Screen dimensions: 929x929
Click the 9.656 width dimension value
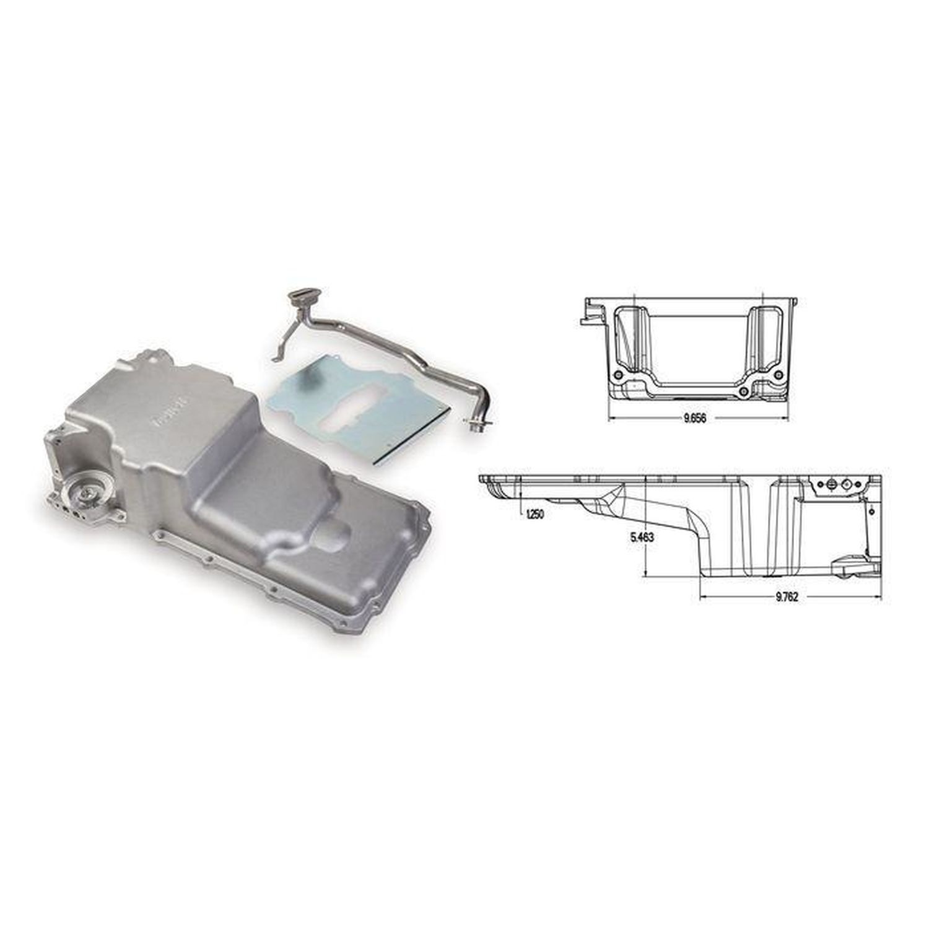pos(695,419)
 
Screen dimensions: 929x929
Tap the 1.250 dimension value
pos(534,514)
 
